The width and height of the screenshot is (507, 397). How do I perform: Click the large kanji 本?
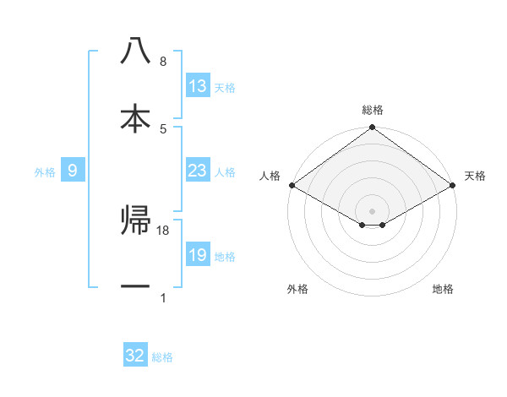135,118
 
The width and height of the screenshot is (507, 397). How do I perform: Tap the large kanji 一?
135,287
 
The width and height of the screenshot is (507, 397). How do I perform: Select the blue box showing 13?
198,86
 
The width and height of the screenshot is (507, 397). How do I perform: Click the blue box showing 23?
198,171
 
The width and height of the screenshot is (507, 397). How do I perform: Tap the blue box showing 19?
198,255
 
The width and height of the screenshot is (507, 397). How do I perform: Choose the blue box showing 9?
73,171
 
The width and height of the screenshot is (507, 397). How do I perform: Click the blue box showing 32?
135,356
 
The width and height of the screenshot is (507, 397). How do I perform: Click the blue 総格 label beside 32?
162,357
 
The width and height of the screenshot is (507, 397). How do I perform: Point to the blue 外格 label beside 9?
45,172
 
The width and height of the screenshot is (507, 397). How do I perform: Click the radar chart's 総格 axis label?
373,111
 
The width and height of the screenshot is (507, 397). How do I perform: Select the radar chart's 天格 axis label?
475,176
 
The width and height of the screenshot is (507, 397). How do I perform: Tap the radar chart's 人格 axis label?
270,176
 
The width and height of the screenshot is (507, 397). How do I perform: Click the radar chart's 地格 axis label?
443,290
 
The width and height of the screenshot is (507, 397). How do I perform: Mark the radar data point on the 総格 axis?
373,128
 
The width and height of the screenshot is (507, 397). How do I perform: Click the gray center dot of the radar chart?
373,209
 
